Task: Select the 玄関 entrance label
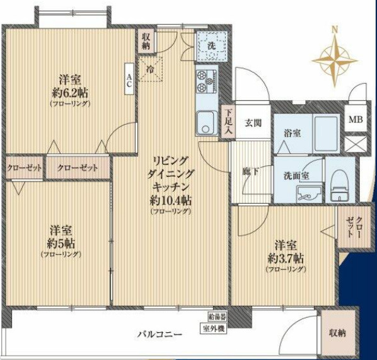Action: pyautogui.click(x=253, y=122)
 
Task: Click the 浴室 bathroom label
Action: pyautogui.click(x=291, y=132)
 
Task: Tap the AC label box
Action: pyautogui.click(x=129, y=79)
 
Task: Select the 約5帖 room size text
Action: pyautogui.click(x=61, y=243)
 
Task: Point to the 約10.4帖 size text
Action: pyautogui.click(x=171, y=200)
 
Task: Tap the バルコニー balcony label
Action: pyautogui.click(x=160, y=334)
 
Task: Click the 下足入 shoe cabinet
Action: pyautogui.click(x=228, y=122)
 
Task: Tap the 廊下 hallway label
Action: pyautogui.click(x=251, y=170)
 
